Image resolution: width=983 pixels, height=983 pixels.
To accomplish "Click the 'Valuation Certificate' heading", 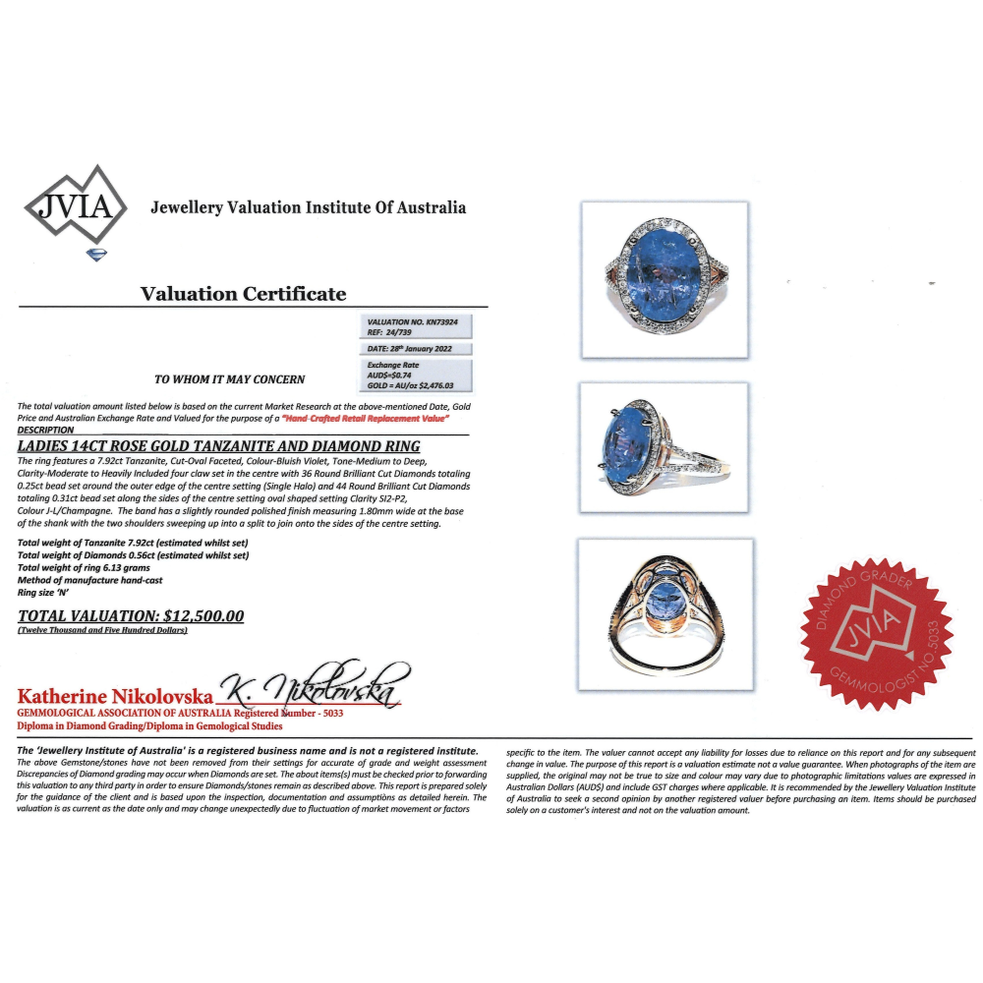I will [243, 294].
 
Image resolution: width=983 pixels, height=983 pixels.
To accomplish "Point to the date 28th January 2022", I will [419, 349].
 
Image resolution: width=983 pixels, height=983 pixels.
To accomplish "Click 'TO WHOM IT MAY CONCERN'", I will [230, 378].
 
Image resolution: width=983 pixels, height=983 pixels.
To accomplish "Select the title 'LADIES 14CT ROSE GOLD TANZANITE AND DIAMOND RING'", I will [219, 446].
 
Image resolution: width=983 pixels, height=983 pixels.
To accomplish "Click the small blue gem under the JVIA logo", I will [97, 255].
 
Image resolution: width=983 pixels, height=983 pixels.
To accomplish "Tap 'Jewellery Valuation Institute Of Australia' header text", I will [308, 207].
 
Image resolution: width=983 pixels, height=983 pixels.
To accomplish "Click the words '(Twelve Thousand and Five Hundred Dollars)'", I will [102, 630].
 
